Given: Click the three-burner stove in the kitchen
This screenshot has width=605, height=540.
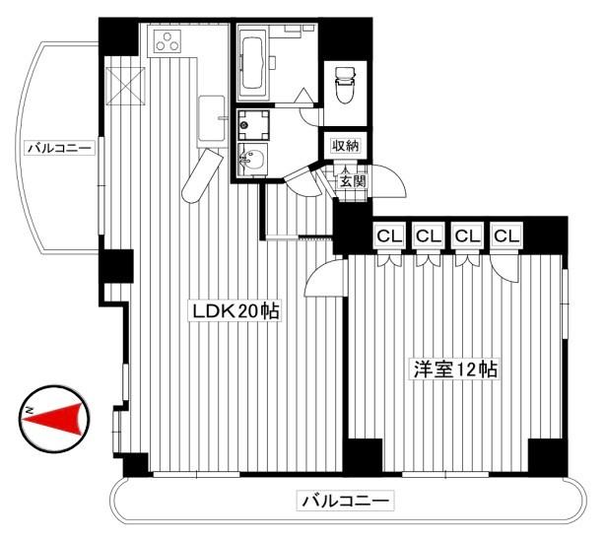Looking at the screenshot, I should coord(168,42).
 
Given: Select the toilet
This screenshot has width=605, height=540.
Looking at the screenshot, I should coord(346,84).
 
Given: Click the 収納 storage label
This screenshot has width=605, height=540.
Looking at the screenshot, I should coord(346,146).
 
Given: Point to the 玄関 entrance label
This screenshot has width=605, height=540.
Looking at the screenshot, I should coord(352,180).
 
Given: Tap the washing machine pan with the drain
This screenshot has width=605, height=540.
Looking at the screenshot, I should coord(252,125).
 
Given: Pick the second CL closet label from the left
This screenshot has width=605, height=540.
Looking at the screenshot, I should coord(426,236).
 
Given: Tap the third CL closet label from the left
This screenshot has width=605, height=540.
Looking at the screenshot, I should coord(466,236).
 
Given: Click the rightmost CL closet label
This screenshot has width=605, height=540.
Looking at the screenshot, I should coord(506,236).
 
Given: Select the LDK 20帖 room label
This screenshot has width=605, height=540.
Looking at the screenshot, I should coord(236,312).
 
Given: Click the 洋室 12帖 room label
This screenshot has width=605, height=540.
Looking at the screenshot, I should coord(454,370).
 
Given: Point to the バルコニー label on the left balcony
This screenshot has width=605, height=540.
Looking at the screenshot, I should coord(60,148).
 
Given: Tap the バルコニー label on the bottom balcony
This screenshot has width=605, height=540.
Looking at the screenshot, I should coord(345,501).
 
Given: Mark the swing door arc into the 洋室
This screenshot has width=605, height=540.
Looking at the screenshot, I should coord(322,279).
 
